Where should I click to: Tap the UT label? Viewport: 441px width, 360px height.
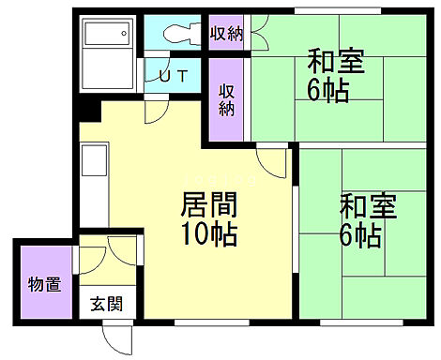pyautogui.click(x=172, y=76)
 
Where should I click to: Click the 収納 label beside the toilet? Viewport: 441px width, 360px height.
pyautogui.click(x=226, y=35)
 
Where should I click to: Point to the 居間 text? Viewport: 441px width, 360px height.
pyautogui.click(x=208, y=203)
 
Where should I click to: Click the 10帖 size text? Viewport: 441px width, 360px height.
pyautogui.click(x=208, y=232)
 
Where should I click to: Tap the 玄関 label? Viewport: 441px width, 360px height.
pyautogui.click(x=103, y=304)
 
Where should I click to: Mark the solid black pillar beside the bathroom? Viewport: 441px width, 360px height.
pyautogui.click(x=89, y=110)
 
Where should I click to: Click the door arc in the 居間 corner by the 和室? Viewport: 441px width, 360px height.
pyautogui.click(x=273, y=160)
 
